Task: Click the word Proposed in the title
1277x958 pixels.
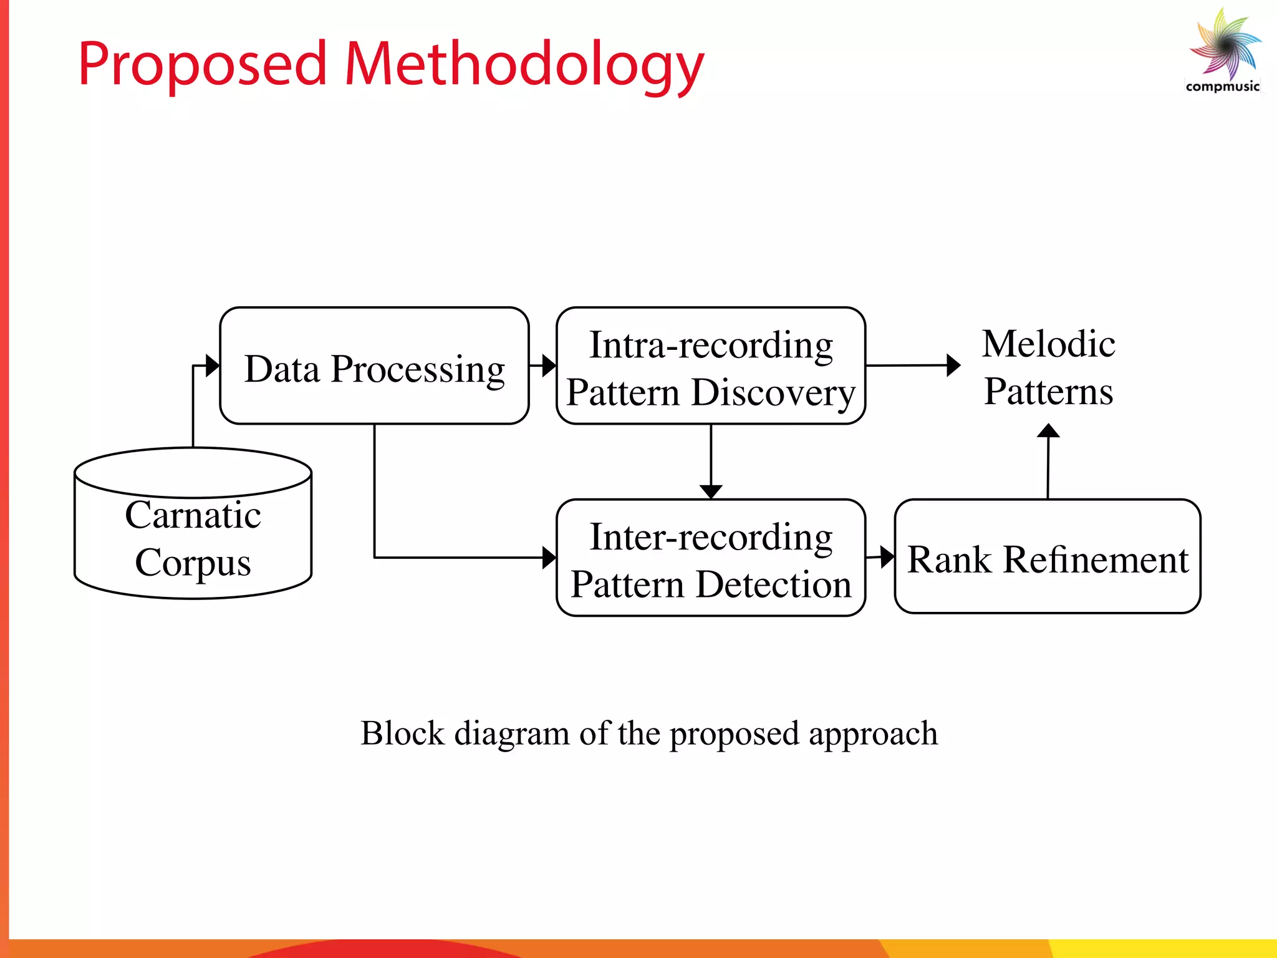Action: click(x=202, y=65)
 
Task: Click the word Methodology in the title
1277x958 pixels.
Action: click(x=524, y=65)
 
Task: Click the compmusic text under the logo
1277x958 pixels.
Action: click(x=1222, y=87)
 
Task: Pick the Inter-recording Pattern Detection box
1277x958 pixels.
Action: click(x=711, y=558)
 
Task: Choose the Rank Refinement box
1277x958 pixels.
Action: click(x=1048, y=557)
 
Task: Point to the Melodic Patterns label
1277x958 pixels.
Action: click(x=1048, y=367)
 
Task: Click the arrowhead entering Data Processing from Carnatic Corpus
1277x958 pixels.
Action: click(x=213, y=365)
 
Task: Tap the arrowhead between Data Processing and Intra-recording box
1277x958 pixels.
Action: click(x=549, y=365)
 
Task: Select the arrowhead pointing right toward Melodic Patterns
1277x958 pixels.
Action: click(x=953, y=365)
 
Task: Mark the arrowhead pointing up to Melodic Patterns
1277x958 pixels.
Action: click(x=1048, y=431)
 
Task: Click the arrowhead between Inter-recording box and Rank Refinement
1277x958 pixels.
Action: click(x=887, y=556)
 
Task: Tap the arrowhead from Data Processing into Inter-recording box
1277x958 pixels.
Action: click(x=549, y=558)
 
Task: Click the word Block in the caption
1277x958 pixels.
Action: click(x=402, y=733)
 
